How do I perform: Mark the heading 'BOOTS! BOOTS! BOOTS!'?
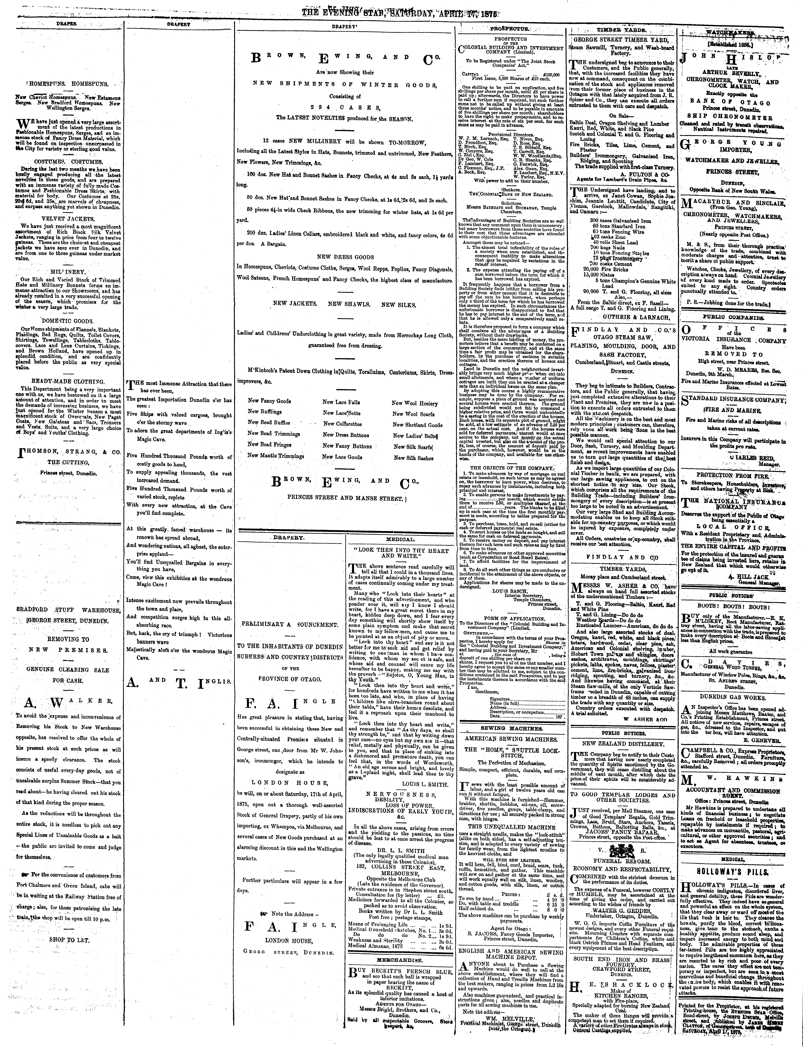tap(731, 607)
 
